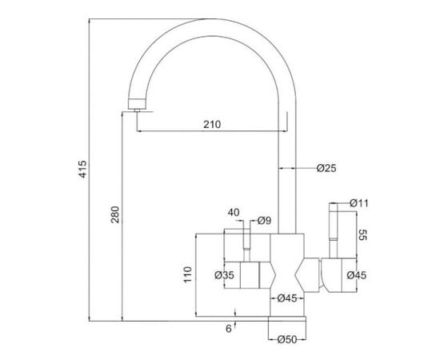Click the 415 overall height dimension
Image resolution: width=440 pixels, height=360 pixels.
pyautogui.click(x=83, y=169)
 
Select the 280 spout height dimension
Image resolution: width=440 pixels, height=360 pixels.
pyautogui.click(x=115, y=214)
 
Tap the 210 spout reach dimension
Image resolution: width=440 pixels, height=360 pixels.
pyautogui.click(x=212, y=124)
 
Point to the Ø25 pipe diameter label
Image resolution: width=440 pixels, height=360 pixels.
pyautogui.click(x=326, y=168)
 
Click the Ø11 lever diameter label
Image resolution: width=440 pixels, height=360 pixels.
pyautogui.click(x=359, y=203)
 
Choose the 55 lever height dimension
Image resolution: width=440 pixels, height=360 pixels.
pyautogui.click(x=363, y=235)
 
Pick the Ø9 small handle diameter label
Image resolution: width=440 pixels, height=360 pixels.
pyautogui.click(x=264, y=221)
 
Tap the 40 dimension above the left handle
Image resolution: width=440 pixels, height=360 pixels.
pyautogui.click(x=234, y=213)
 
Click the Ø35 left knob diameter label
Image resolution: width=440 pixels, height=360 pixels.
pyautogui.click(x=224, y=275)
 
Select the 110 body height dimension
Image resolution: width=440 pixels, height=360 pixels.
pyautogui.click(x=187, y=274)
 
